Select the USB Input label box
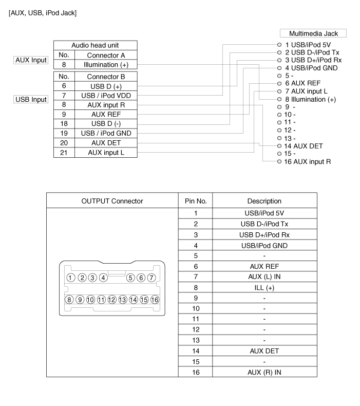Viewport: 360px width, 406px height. (x=31, y=99)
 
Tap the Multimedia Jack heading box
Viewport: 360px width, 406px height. (x=314, y=33)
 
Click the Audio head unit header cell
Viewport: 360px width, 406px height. (x=95, y=45)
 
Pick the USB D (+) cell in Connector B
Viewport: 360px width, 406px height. (x=106, y=86)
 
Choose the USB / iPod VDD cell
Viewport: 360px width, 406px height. (x=106, y=95)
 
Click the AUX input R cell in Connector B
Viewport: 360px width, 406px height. (x=106, y=104)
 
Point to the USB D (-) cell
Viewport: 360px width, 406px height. (x=106, y=124)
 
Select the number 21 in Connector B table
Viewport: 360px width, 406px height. (x=64, y=153)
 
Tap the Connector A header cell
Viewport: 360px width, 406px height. (x=106, y=55)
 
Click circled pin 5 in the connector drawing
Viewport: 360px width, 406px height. (x=131, y=278)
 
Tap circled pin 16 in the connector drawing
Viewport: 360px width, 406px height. (x=155, y=299)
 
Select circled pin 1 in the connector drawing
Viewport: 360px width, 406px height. (x=70, y=278)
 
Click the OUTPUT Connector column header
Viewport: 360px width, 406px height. (x=112, y=201)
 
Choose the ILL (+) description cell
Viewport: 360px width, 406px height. (x=264, y=288)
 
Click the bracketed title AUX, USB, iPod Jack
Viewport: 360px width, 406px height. (x=43, y=12)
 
